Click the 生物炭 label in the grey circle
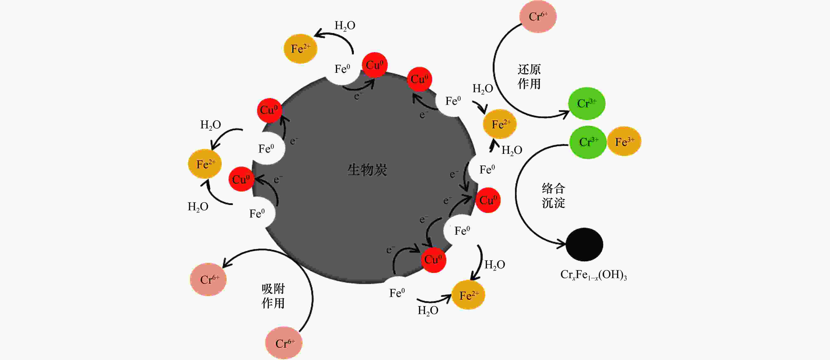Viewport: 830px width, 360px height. click(x=367, y=170)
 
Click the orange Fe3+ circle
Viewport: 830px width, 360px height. click(x=624, y=141)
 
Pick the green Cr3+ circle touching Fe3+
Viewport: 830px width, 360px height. click(x=588, y=142)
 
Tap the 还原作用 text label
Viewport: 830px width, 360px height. click(x=529, y=76)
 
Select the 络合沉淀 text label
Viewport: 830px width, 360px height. click(x=553, y=196)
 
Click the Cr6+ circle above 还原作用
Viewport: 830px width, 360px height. click(x=538, y=16)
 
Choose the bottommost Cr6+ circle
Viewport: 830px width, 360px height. click(x=284, y=343)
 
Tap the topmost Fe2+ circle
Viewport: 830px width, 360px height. click(x=300, y=49)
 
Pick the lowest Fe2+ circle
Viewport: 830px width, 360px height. click(x=468, y=295)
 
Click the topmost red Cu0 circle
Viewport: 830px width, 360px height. click(x=374, y=65)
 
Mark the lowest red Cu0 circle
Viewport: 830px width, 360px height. click(x=433, y=260)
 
